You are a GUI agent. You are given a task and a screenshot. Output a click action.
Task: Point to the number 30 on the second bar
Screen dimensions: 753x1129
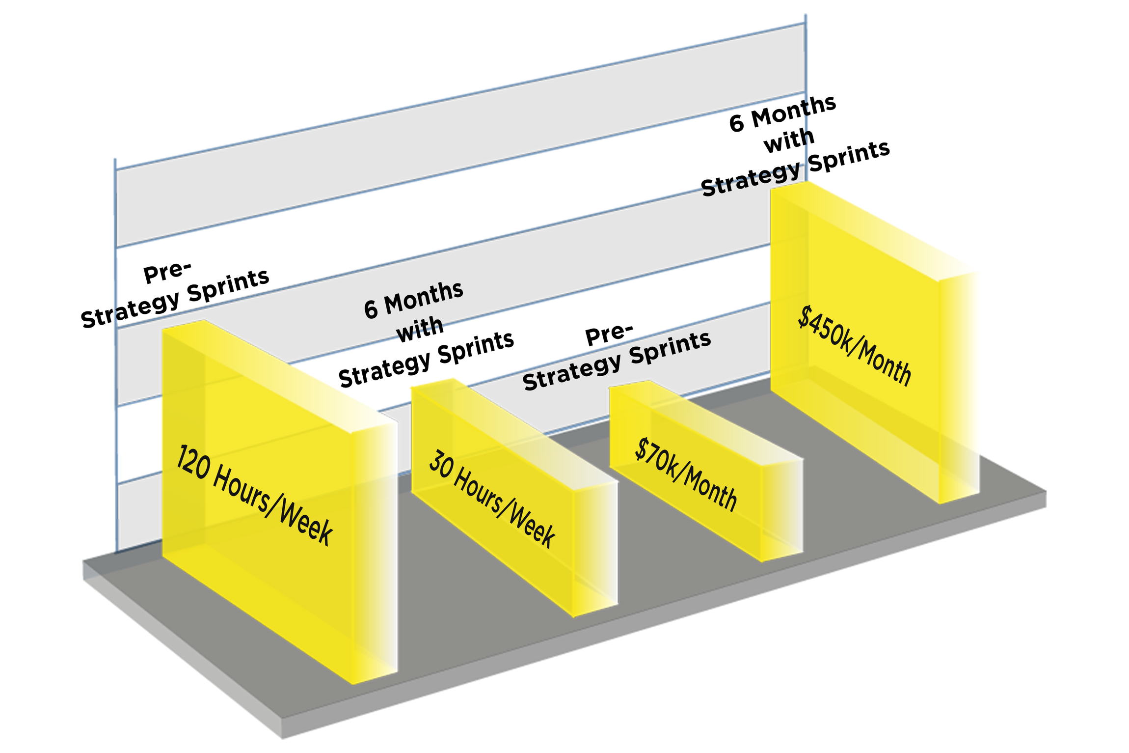click(440, 467)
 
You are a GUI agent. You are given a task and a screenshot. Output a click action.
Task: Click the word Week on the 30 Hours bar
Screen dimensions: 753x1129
click(533, 528)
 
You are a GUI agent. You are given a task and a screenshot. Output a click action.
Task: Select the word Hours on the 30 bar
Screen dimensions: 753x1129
click(476, 494)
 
